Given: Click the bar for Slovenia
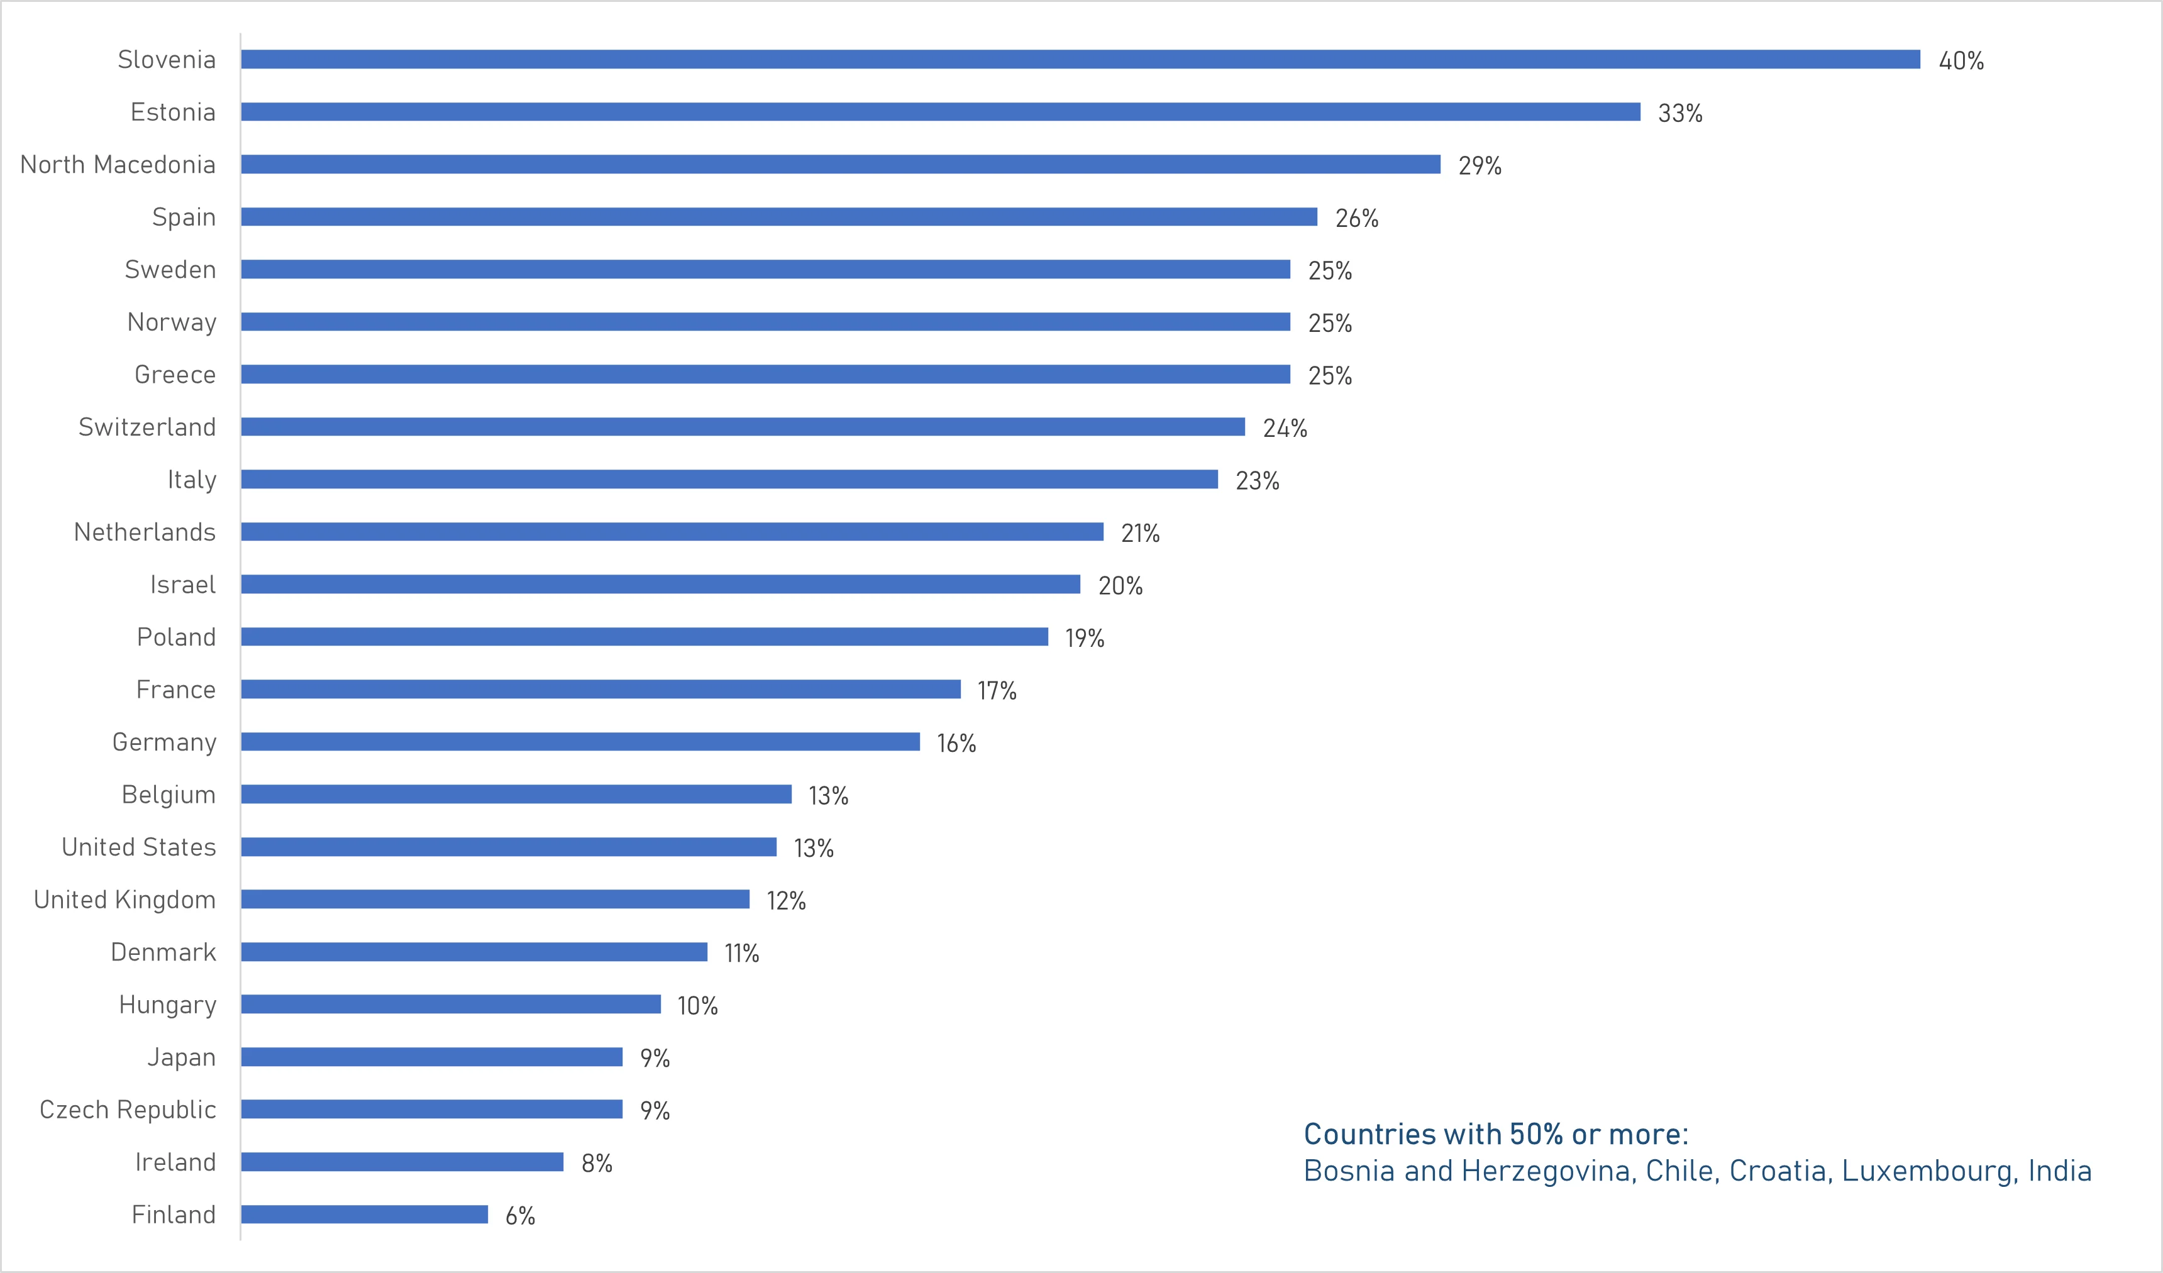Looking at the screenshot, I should pyautogui.click(x=1080, y=59).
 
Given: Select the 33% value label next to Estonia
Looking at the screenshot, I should pyautogui.click(x=1679, y=113).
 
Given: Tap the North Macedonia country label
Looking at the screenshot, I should pyautogui.click(x=118, y=164).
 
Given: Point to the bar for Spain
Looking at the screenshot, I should pyautogui.click(x=778, y=216).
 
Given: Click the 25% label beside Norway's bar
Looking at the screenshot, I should pyautogui.click(x=1330, y=322).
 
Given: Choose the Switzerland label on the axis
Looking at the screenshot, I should pyautogui.click(x=147, y=427).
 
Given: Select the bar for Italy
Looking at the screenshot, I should pyautogui.click(x=729, y=479).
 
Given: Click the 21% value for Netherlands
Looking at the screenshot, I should pyautogui.click(x=1140, y=533).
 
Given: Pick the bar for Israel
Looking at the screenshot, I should pyautogui.click(x=660, y=584).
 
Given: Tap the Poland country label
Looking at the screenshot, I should pyautogui.click(x=176, y=637).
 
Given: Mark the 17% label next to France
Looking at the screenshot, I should pyautogui.click(x=997, y=690).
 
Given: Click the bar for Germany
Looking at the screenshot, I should pyautogui.click(x=580, y=742).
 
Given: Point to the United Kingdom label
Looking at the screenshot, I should pyautogui.click(x=124, y=899).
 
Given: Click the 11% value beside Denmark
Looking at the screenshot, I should pyautogui.click(x=741, y=953).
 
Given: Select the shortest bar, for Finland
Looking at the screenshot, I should pyautogui.click(x=364, y=1214).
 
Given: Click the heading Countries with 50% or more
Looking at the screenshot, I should pyautogui.click(x=1495, y=1134).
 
